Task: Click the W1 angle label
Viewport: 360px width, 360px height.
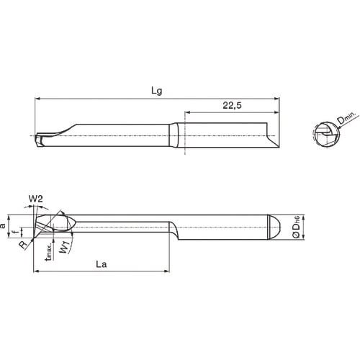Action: (x=64, y=249)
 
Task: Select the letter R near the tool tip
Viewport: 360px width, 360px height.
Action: (x=23, y=245)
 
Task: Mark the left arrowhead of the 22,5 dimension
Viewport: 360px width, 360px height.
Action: (x=189, y=112)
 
